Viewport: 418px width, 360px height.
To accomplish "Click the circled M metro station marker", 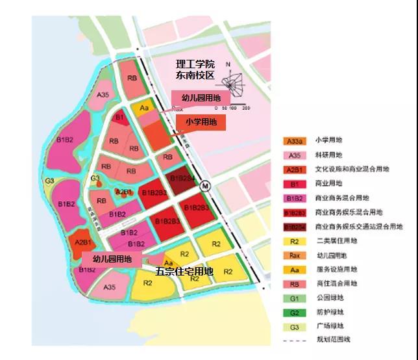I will pyautogui.click(x=205, y=185).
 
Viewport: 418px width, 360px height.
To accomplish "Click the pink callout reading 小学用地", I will pyautogui.click(x=201, y=122).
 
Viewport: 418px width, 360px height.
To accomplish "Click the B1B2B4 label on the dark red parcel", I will pyautogui.click(x=182, y=177).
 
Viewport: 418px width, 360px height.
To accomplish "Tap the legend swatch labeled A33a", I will pyautogui.click(x=294, y=140).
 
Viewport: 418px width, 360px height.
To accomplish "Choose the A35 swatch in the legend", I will pyautogui.click(x=294, y=155).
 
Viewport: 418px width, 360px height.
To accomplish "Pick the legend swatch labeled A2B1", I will pyautogui.click(x=294, y=169).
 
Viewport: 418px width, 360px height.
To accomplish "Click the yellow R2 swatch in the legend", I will pyautogui.click(x=294, y=240).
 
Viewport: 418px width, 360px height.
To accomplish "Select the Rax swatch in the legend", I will pyautogui.click(x=294, y=255).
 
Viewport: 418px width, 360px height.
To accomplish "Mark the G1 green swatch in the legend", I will pyautogui.click(x=294, y=298).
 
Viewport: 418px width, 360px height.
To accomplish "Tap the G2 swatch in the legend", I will pyautogui.click(x=294, y=312).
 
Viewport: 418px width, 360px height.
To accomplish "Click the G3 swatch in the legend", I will pyautogui.click(x=294, y=326).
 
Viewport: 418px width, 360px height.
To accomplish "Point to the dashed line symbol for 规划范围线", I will pyautogui.click(x=294, y=341).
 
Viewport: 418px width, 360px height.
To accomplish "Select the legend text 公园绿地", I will pyautogui.click(x=328, y=298).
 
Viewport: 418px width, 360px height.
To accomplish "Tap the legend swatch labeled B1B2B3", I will pyautogui.click(x=294, y=212).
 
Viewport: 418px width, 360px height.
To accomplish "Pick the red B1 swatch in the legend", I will pyautogui.click(x=294, y=183).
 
